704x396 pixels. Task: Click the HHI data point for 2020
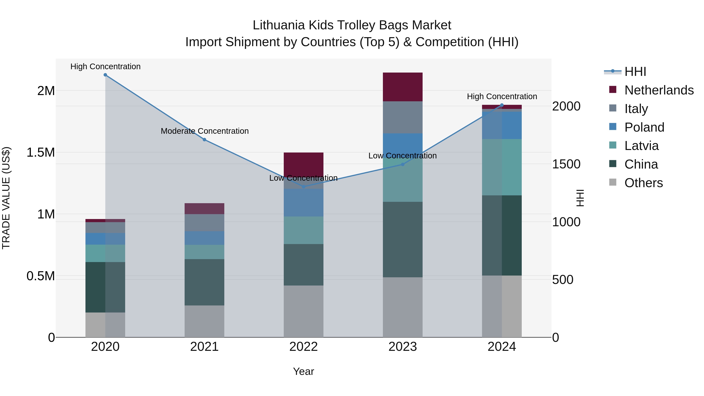coord(105,75)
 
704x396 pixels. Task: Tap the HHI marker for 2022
coord(303,187)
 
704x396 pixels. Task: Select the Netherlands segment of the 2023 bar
coord(403,87)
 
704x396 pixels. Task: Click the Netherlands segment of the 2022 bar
coord(303,164)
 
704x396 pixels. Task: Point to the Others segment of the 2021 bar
coord(204,321)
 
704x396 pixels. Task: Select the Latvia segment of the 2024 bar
coord(502,167)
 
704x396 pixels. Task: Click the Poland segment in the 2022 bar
coord(303,203)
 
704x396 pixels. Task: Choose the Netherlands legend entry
coord(659,90)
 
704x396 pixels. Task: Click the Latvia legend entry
coord(641,146)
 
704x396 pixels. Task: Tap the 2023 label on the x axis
coord(403,347)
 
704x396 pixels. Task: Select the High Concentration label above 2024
coord(502,96)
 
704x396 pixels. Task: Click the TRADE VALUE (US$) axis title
coord(6,198)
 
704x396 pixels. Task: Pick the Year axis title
coord(303,371)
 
